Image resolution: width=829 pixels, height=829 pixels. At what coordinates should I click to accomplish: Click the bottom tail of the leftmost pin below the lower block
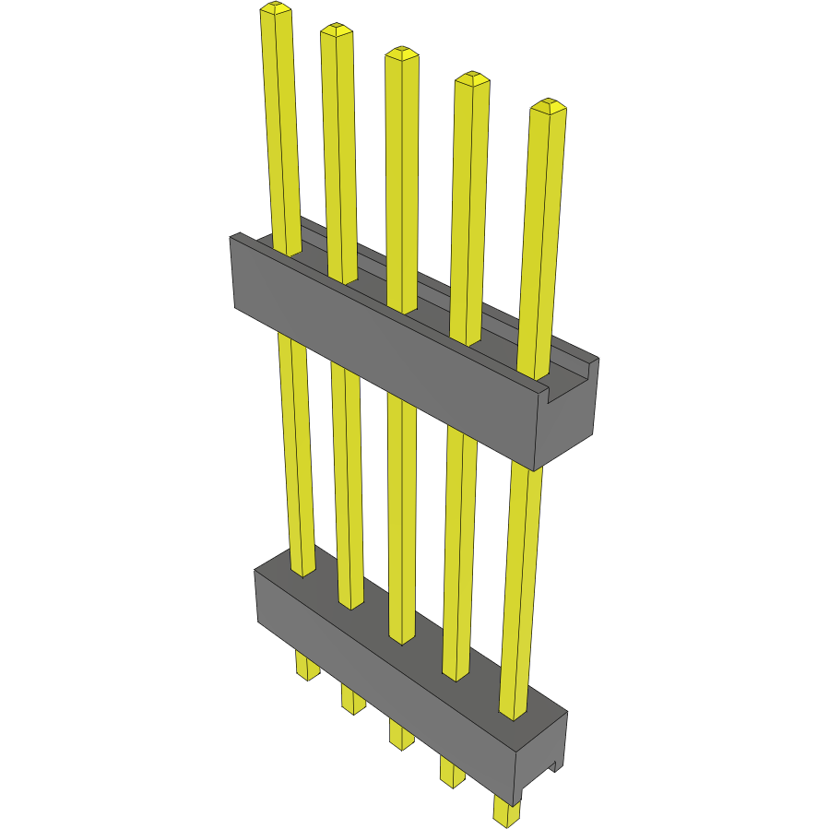tap(307, 667)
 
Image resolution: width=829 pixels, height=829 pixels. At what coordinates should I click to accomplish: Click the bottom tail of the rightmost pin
tap(506, 811)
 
